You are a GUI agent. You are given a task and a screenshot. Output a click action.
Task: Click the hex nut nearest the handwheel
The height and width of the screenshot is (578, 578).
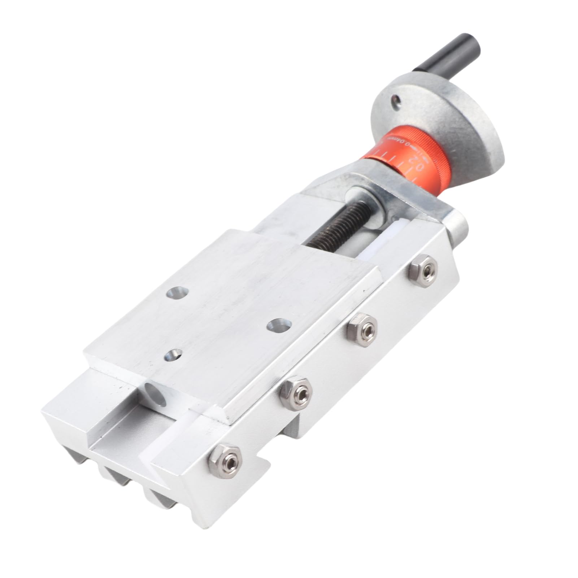point(425,268)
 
